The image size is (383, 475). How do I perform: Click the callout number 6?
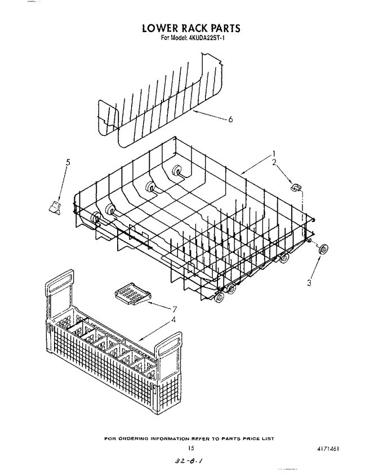[230, 119]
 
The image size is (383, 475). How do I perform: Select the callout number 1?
[274, 153]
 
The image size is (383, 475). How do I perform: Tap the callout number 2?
[274, 162]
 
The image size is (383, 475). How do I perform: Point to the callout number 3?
[309, 283]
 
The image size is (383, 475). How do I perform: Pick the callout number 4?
[173, 319]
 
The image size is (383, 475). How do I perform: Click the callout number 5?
[68, 162]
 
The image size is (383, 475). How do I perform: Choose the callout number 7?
[175, 309]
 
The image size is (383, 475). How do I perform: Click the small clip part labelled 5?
[55, 207]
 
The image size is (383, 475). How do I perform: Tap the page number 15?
[191, 448]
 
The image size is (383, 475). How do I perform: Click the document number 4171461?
[328, 449]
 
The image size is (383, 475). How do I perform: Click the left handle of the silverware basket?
[59, 282]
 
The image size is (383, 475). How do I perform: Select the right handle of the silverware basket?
[170, 344]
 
